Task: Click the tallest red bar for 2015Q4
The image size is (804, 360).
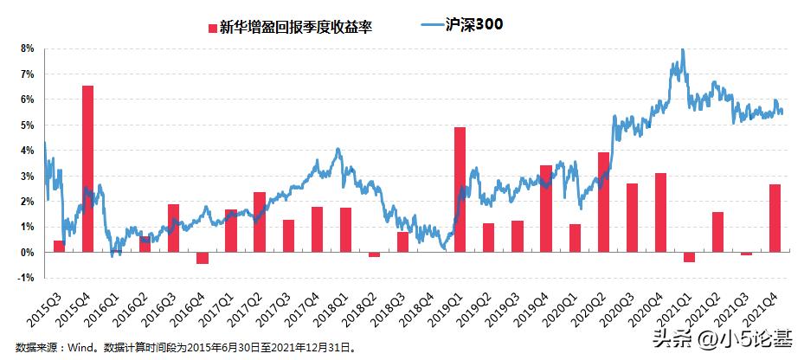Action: [x=87, y=169]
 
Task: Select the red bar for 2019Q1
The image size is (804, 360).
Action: [x=460, y=190]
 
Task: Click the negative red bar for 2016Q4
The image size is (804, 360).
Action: [x=203, y=258]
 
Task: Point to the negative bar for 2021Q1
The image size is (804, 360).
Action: [x=689, y=257]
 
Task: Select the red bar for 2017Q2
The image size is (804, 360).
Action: [x=260, y=222]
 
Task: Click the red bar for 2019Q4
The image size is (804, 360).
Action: [x=545, y=209]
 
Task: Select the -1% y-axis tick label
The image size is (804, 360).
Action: [x=26, y=278]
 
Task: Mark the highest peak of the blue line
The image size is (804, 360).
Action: [x=683, y=50]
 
